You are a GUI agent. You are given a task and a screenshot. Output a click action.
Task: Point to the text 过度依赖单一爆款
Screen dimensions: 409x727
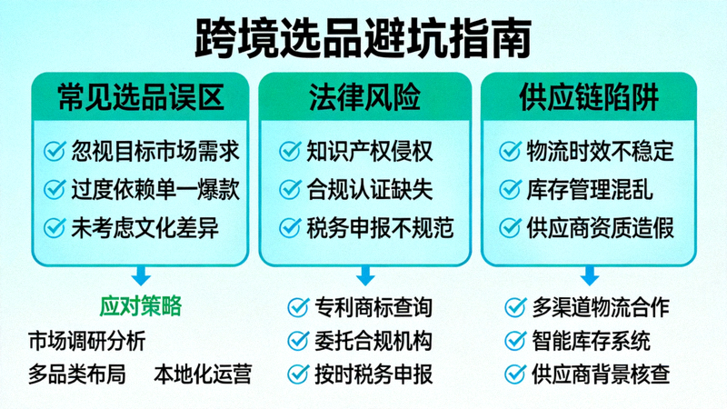tap(155, 189)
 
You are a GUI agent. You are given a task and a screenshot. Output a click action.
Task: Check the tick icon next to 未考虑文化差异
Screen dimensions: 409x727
tap(55, 227)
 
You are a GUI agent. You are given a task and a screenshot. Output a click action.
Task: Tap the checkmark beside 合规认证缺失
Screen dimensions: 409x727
tap(290, 189)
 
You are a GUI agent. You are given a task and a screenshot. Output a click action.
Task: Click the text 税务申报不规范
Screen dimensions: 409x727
tap(380, 227)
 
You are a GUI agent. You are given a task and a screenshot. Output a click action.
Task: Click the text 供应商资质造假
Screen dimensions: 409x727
tap(601, 227)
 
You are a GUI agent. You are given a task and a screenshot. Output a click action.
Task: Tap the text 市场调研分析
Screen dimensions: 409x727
tap(87, 341)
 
